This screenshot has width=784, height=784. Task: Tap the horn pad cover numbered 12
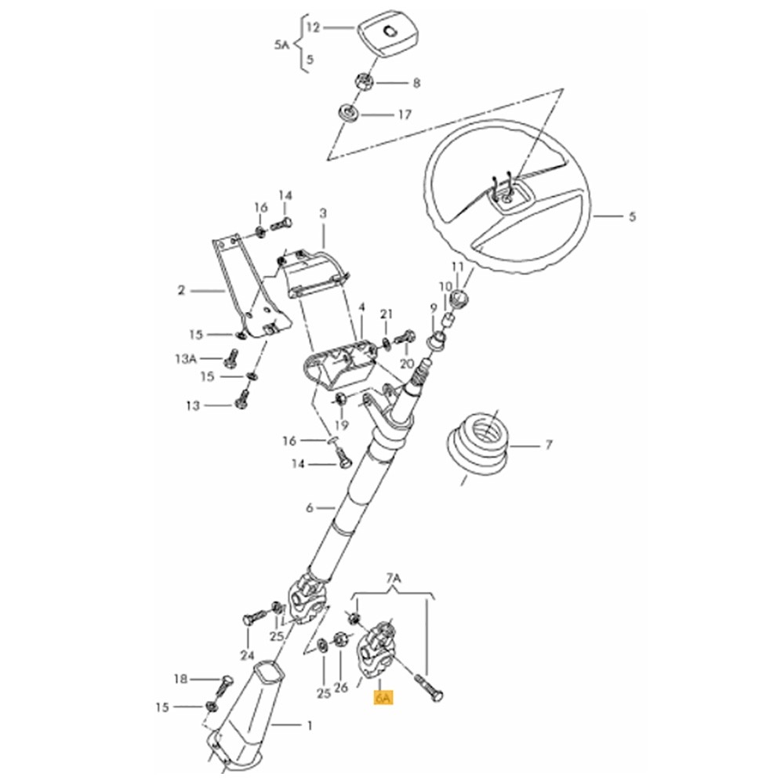[x=388, y=35]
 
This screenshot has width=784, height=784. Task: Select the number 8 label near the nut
[x=416, y=83]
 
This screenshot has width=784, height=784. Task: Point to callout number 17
[x=405, y=115]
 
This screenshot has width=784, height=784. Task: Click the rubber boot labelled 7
[x=477, y=444]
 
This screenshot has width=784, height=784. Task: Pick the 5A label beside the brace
[x=281, y=45]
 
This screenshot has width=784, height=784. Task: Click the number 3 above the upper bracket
[x=323, y=213]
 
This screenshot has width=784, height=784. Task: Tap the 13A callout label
[x=186, y=358]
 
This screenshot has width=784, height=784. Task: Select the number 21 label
[x=387, y=314]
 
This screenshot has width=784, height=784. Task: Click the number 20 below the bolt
[x=408, y=363]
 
